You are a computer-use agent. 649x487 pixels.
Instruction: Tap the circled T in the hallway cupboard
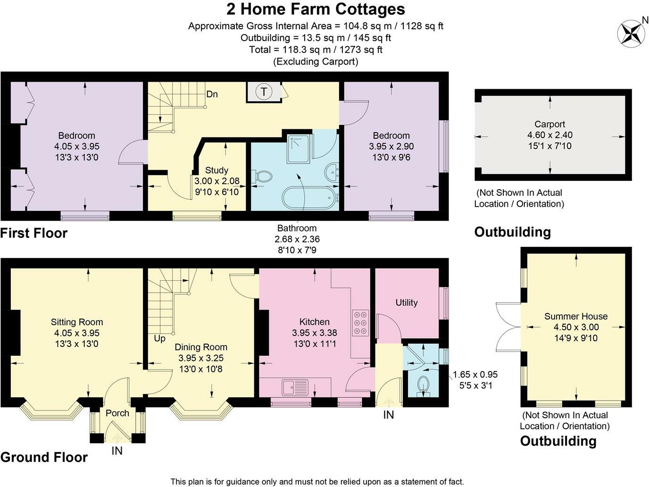[x=264, y=92]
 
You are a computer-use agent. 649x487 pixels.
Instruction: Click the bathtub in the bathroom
[x=309, y=198]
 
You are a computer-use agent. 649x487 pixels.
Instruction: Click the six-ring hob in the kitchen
[x=360, y=323]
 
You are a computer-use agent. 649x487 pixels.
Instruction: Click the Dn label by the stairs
[x=212, y=94]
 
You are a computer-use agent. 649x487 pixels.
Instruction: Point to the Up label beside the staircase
[x=160, y=338]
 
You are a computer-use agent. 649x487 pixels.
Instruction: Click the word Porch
[x=117, y=413]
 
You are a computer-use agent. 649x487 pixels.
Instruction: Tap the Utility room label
[x=407, y=302]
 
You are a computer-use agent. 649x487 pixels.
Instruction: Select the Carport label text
[x=549, y=124]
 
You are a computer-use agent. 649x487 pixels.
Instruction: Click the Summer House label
[x=576, y=316]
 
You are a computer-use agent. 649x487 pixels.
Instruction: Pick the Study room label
[x=217, y=170]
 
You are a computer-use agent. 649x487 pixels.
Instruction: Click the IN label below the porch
[x=117, y=451]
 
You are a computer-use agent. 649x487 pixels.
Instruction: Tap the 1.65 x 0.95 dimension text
[x=475, y=374]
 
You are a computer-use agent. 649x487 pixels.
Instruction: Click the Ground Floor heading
[x=44, y=457]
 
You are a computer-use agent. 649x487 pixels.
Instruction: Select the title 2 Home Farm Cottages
[x=316, y=9]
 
